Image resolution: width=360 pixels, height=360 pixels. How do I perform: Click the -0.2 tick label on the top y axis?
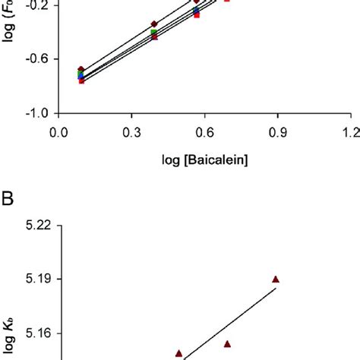39,4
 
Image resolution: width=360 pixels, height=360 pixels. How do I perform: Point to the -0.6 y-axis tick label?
39,58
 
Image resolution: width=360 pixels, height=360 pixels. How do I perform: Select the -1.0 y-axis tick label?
39,113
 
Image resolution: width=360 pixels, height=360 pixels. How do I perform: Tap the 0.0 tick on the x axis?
58,131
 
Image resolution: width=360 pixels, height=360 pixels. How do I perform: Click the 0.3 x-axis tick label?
131,131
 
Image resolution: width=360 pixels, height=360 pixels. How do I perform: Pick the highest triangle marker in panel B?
276,279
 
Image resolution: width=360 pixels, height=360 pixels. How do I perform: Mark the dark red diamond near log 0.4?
155,24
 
